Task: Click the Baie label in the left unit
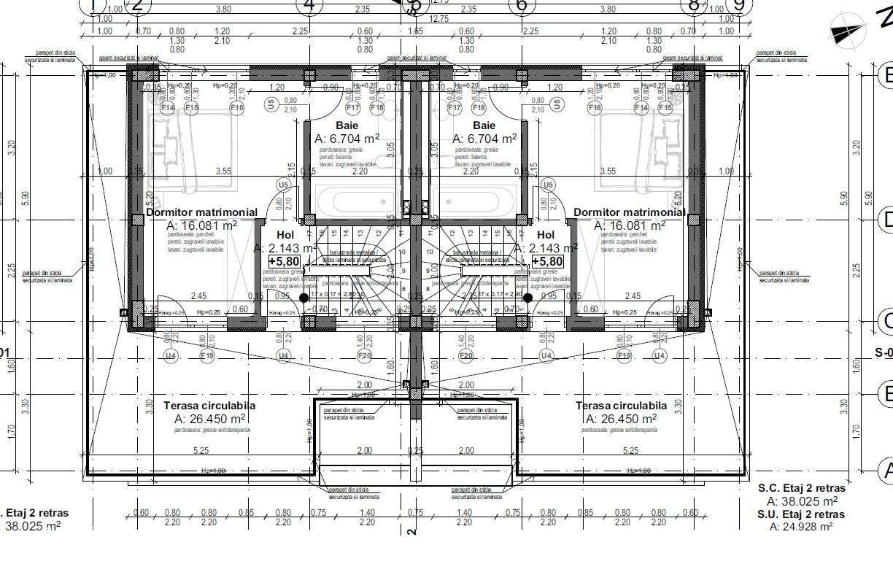[x=347, y=125]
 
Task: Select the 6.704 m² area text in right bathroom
[x=484, y=139]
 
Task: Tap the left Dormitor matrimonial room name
[x=201, y=212]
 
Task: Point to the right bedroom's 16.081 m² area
[x=629, y=226]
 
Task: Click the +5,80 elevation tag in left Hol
[x=283, y=261]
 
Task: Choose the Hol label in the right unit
[x=545, y=235]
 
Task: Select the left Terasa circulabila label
[x=209, y=406]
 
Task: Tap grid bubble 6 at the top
[x=521, y=6]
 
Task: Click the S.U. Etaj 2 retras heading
[x=801, y=514]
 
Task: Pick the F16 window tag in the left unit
[x=236, y=108]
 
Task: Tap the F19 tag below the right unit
[x=624, y=356]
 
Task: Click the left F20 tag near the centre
[x=365, y=356]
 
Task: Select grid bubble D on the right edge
[x=886, y=219]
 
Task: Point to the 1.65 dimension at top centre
[x=414, y=31]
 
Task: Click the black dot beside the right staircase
[x=527, y=298]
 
